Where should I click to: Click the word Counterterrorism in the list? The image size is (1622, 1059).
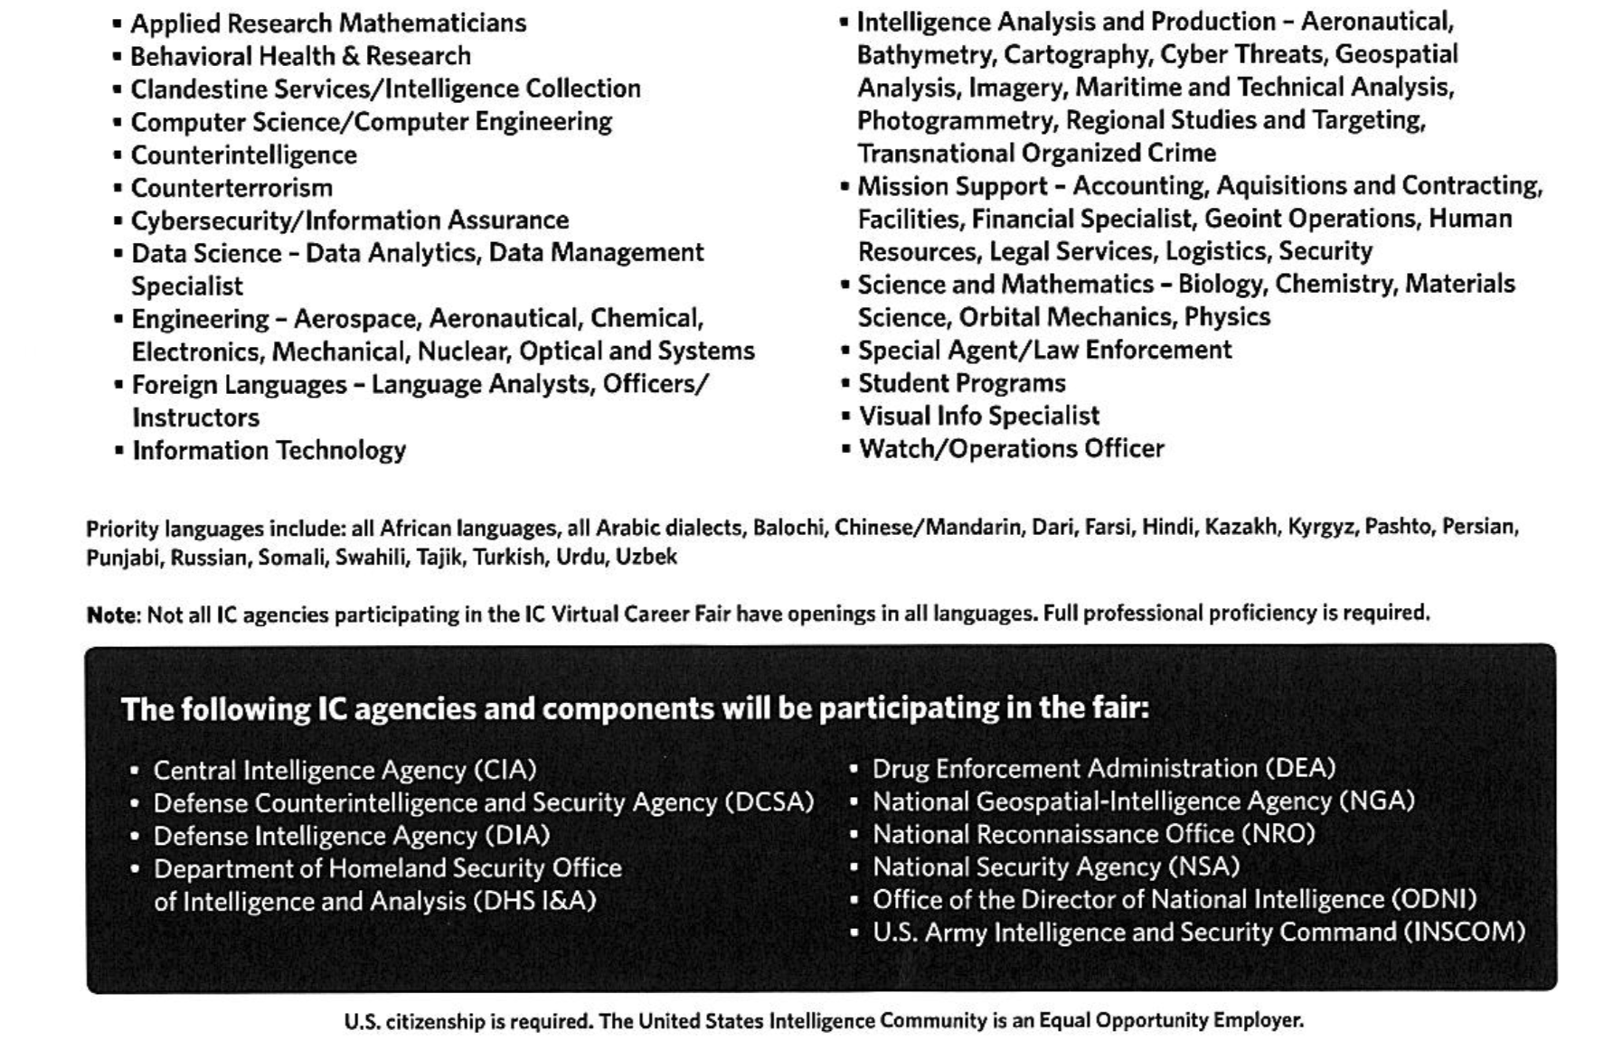tap(231, 188)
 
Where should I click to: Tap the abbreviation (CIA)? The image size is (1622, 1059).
tap(505, 770)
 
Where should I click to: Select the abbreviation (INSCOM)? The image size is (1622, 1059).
tap(1464, 932)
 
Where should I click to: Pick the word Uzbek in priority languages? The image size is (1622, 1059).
tap(646, 557)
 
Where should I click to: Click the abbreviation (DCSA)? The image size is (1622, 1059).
tap(769, 802)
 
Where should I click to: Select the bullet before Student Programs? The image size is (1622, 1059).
tap(845, 384)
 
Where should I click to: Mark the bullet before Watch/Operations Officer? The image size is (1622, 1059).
tap(845, 449)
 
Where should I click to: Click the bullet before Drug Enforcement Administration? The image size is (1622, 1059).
tap(853, 770)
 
